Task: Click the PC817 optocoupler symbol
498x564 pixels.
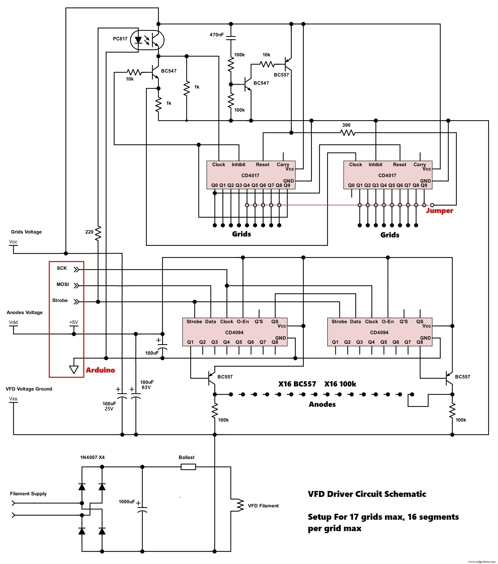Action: click(147, 40)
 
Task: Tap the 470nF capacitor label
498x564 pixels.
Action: click(217, 35)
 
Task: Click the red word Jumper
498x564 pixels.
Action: click(439, 211)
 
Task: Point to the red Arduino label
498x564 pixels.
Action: click(100, 370)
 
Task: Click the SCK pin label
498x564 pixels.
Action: click(62, 268)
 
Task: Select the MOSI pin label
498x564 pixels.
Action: click(63, 284)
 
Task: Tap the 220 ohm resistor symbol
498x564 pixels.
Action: click(98, 233)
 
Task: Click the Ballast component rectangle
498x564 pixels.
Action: click(188, 467)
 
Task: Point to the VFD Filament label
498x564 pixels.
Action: click(263, 506)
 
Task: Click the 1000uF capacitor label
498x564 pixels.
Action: click(127, 502)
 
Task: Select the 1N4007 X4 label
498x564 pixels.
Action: click(92, 457)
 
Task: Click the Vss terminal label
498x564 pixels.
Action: click(13, 399)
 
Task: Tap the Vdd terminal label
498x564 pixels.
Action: click(13, 322)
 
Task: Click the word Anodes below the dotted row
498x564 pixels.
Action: click(322, 404)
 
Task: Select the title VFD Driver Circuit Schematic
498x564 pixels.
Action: click(367, 494)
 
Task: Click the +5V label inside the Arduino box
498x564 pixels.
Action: click(74, 322)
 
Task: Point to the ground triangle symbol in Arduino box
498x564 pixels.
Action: click(74, 370)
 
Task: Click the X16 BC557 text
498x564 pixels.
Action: click(297, 384)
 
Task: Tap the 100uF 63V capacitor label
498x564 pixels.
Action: click(147, 385)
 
